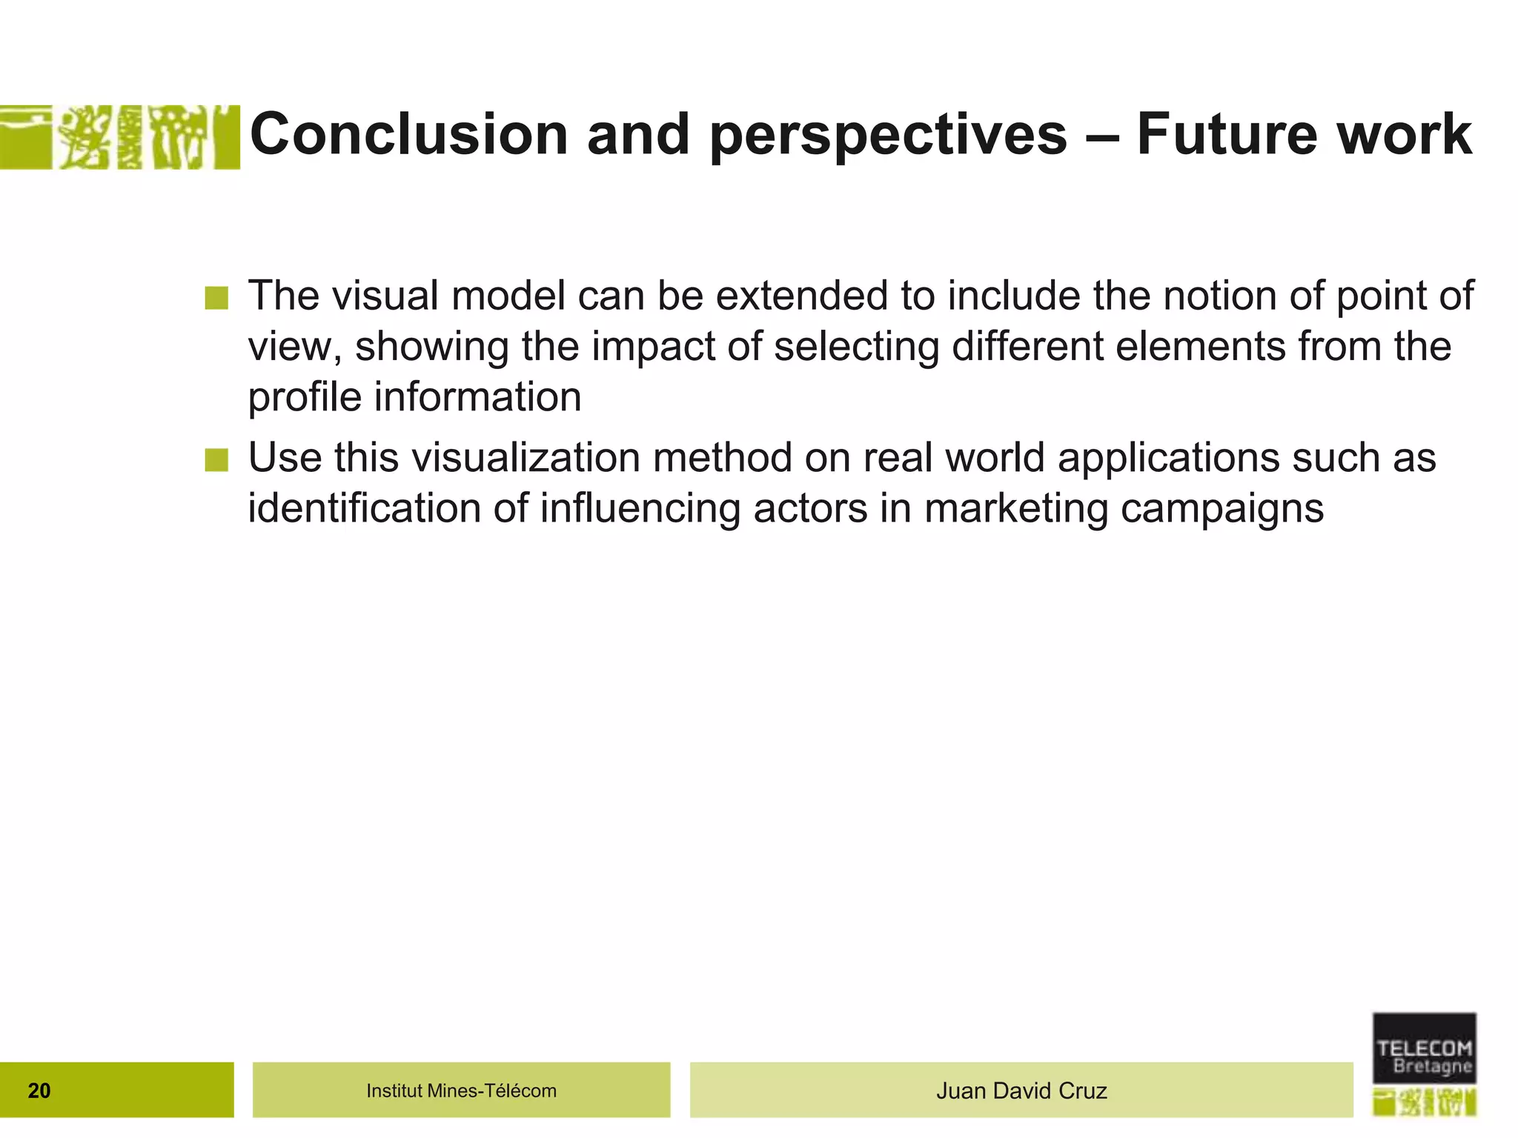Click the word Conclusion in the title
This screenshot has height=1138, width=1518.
pos(409,134)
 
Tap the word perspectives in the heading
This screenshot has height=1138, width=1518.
pos(888,136)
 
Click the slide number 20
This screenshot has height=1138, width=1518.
pos(39,1091)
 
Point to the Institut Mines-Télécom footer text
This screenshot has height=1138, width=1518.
pos(461,1091)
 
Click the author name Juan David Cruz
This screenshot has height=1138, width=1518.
pos(1021,1091)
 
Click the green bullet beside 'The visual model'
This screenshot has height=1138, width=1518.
pos(216,299)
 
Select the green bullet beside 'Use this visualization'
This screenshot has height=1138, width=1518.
pos(216,460)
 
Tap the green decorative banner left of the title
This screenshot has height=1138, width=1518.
pos(119,137)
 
